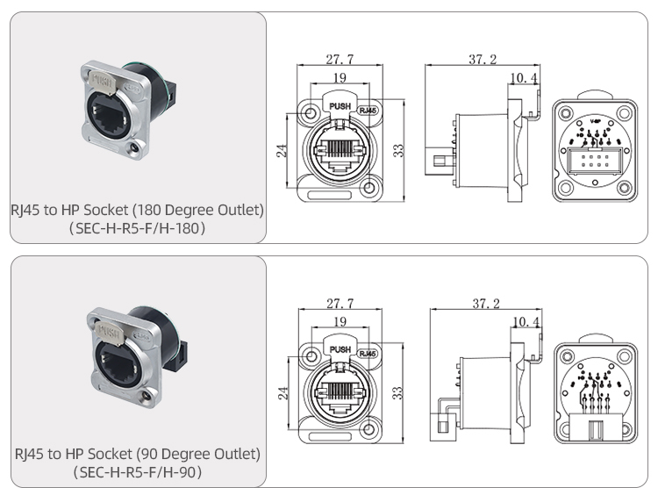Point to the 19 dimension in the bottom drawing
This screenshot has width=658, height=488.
click(340, 322)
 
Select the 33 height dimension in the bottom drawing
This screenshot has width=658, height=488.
click(397, 391)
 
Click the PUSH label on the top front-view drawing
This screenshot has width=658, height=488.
click(339, 106)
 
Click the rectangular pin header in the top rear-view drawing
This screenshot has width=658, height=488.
click(594, 163)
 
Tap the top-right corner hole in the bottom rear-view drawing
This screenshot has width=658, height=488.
click(624, 356)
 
